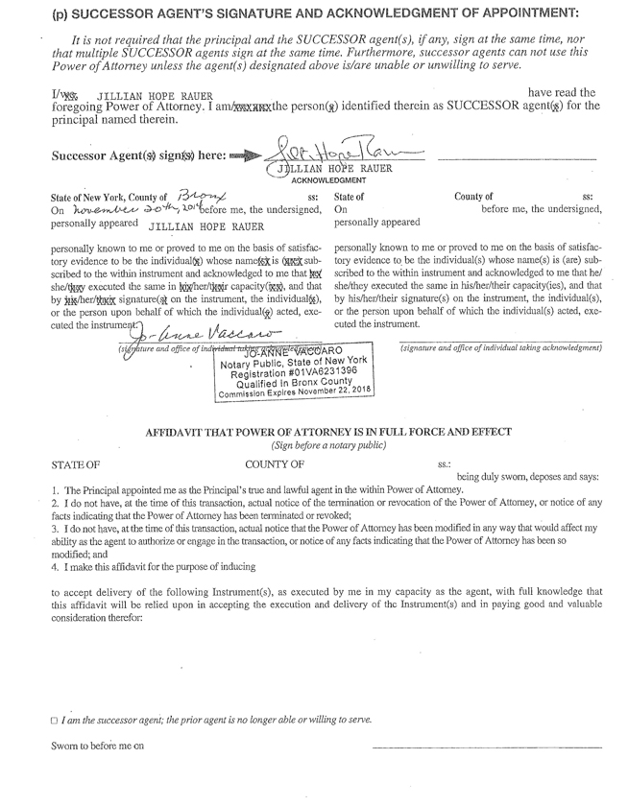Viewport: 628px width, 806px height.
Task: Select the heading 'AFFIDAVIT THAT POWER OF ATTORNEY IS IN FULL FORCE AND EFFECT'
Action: coord(328,434)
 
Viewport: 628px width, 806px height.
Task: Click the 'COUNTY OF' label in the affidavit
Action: coord(276,465)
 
